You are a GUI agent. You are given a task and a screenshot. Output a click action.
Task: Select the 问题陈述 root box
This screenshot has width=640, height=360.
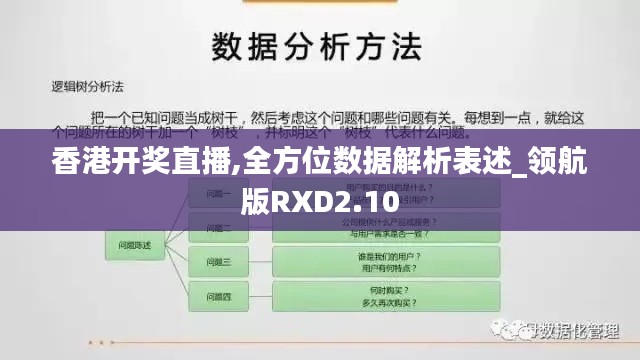(135, 245)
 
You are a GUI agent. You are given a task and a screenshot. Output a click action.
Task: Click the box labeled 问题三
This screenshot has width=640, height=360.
(219, 263)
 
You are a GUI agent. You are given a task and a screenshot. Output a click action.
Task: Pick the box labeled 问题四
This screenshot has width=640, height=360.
(219, 297)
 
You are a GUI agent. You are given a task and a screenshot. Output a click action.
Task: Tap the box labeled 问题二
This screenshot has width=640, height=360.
(219, 228)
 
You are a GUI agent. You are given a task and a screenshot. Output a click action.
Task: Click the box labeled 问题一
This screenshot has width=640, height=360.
(219, 194)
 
